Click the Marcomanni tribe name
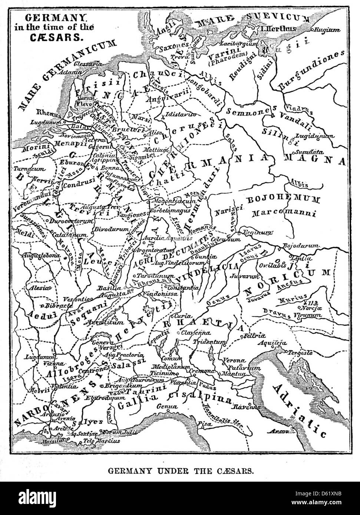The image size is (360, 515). [x=284, y=213]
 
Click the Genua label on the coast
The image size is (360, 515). [x=164, y=405]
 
